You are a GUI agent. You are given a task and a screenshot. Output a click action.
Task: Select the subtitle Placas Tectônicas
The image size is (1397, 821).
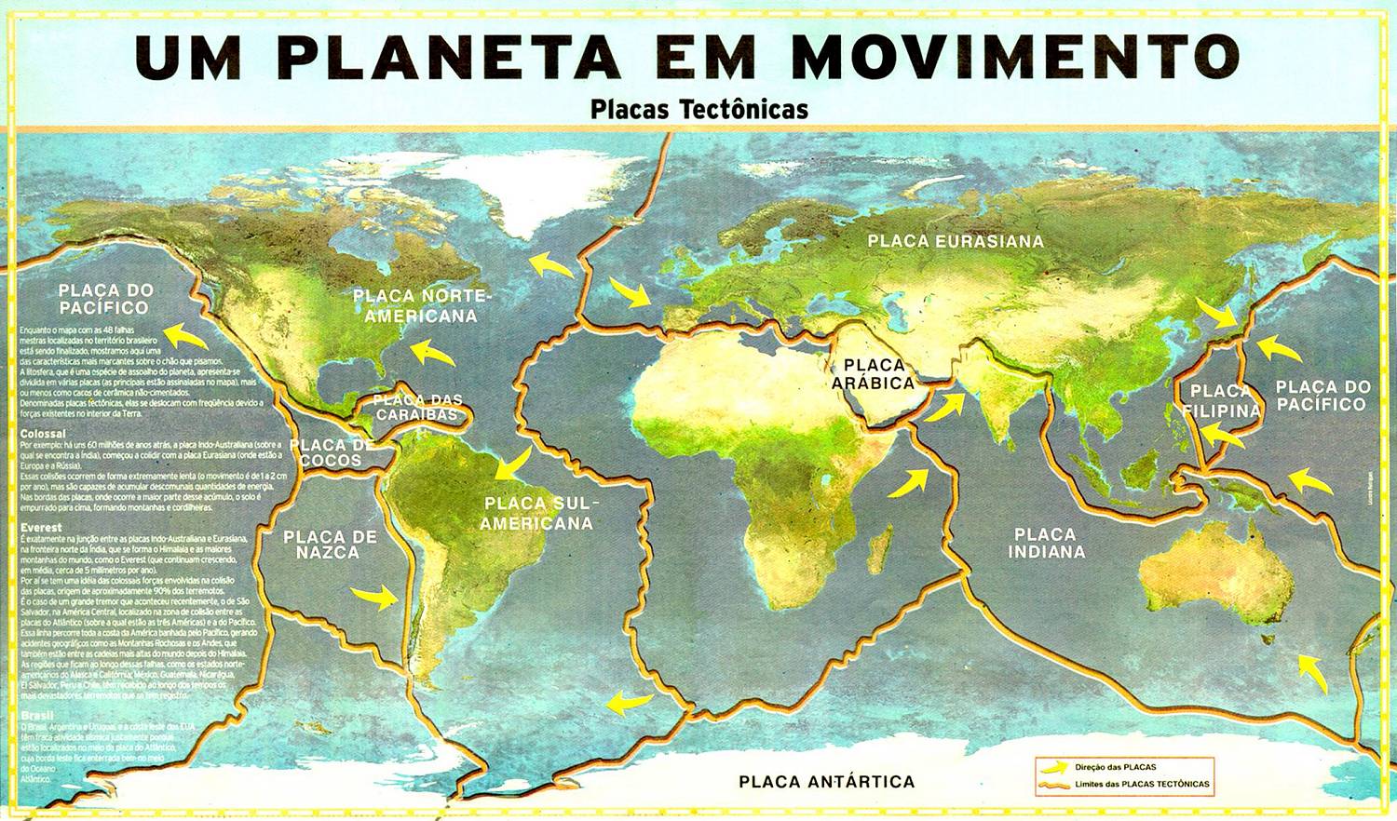[698, 109]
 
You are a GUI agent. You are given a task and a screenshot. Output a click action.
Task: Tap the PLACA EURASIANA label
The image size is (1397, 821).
[956, 241]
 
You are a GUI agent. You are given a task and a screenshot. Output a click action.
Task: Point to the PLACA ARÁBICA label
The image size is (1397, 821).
[873, 373]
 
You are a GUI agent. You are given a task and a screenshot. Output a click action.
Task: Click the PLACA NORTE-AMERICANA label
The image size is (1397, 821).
[420, 306]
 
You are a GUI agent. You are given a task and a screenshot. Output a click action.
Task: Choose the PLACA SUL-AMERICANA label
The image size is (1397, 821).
[536, 514]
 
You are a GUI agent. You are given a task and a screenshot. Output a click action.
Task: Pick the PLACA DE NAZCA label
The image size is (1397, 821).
[330, 545]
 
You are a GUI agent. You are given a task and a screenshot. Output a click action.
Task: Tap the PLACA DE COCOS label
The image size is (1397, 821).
[331, 452]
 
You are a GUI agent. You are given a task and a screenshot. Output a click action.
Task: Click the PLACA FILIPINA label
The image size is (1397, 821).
[1221, 401]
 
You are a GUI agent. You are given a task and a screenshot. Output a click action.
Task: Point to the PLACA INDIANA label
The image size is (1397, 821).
[1045, 543]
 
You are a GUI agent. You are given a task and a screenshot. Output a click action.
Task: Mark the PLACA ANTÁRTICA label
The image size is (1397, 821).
[826, 782]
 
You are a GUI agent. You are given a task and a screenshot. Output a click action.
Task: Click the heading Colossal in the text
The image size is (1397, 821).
[43, 434]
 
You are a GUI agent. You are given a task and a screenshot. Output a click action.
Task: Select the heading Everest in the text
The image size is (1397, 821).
[41, 528]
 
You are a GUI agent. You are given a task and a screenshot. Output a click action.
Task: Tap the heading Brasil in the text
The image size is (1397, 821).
[36, 716]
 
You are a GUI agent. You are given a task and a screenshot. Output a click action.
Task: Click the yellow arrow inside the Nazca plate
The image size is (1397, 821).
[374, 597]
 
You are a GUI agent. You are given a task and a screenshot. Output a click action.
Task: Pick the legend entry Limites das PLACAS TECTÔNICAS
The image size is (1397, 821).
[1141, 785]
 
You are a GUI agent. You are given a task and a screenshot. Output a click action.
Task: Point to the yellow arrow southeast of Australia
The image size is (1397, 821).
[1313, 673]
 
